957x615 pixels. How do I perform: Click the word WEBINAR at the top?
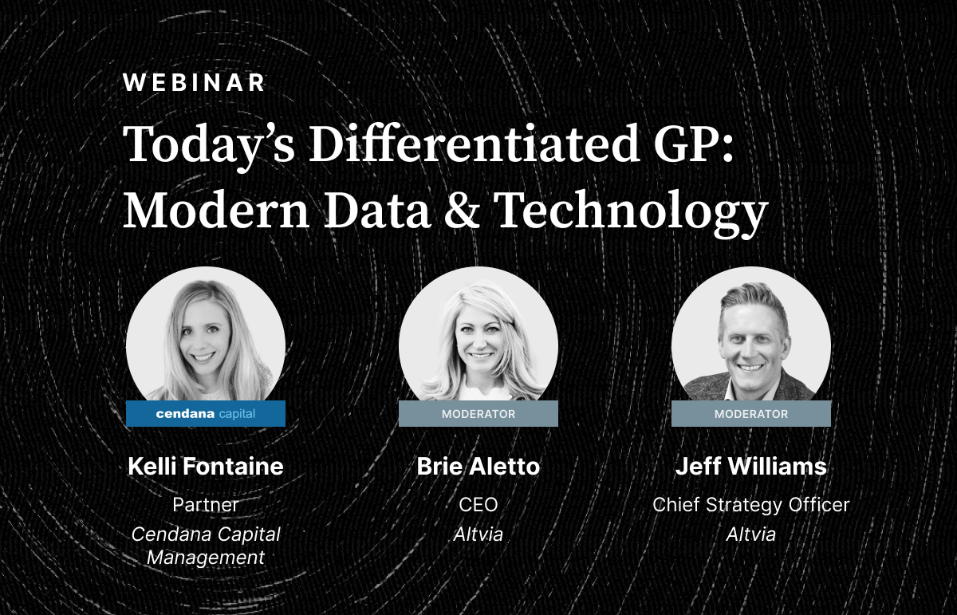tap(195, 82)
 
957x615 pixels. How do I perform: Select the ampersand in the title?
tap(462, 210)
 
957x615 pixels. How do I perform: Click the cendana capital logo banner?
tap(206, 413)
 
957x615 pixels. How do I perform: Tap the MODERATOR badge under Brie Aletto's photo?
tap(478, 413)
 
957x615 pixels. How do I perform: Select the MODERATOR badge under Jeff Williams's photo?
tap(751, 413)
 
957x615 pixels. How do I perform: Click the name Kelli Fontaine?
tap(206, 466)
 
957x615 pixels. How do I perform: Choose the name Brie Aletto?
tap(478, 466)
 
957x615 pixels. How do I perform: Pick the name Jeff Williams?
tap(751, 466)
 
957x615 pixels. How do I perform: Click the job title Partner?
tap(206, 505)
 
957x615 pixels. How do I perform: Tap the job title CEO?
tap(478, 505)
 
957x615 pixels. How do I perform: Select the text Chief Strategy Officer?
tap(751, 505)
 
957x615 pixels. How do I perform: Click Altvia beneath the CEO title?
tap(478, 534)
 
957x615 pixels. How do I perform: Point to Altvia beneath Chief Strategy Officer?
tap(751, 534)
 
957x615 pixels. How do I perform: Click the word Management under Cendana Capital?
tap(206, 558)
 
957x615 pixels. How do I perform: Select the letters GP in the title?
tap(693, 144)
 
